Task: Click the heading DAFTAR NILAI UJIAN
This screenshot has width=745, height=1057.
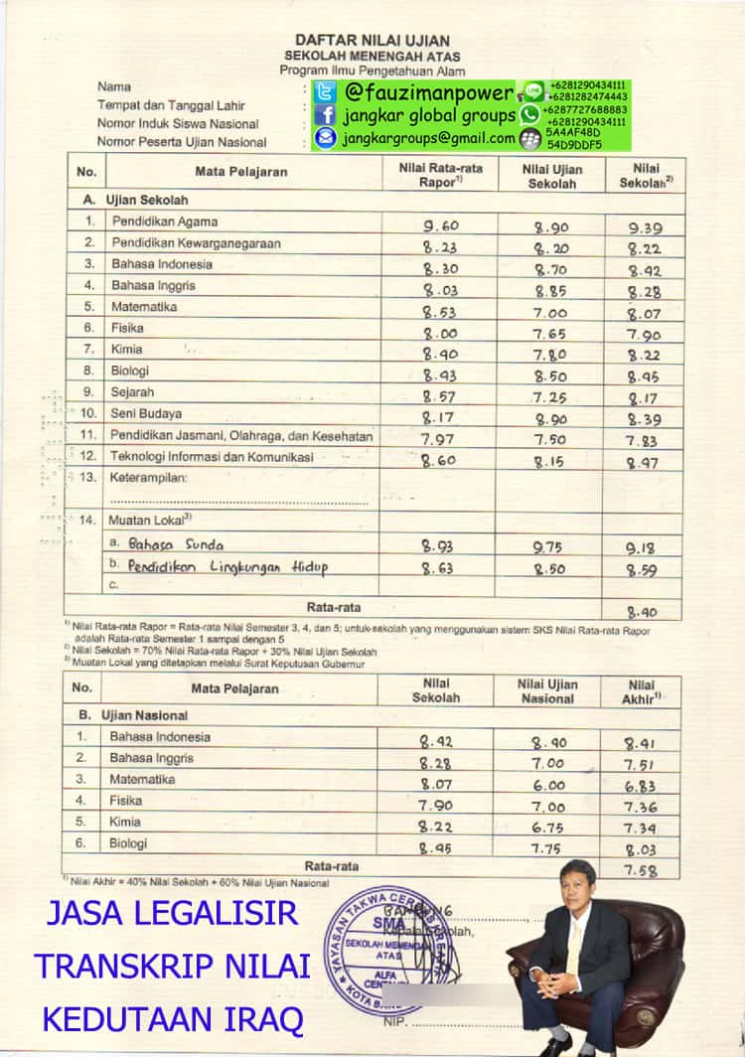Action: [x=372, y=39]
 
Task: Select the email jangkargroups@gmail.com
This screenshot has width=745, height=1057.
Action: [x=428, y=139]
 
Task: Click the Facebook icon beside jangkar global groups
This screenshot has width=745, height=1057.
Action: [x=325, y=116]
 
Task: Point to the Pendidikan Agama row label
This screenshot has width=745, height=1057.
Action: [x=165, y=222]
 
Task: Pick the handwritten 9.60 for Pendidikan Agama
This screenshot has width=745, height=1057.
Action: [x=440, y=226]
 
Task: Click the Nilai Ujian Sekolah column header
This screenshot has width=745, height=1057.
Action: [x=552, y=177]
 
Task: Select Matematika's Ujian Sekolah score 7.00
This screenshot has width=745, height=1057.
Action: [x=549, y=313]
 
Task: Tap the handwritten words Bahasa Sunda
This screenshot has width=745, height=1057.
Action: [x=176, y=543]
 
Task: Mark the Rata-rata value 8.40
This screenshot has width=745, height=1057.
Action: [x=641, y=612]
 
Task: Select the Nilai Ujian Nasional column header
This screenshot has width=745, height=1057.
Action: [x=547, y=691]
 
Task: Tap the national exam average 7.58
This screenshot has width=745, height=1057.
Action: [x=642, y=870]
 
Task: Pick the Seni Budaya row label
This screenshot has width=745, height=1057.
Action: [x=146, y=412]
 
